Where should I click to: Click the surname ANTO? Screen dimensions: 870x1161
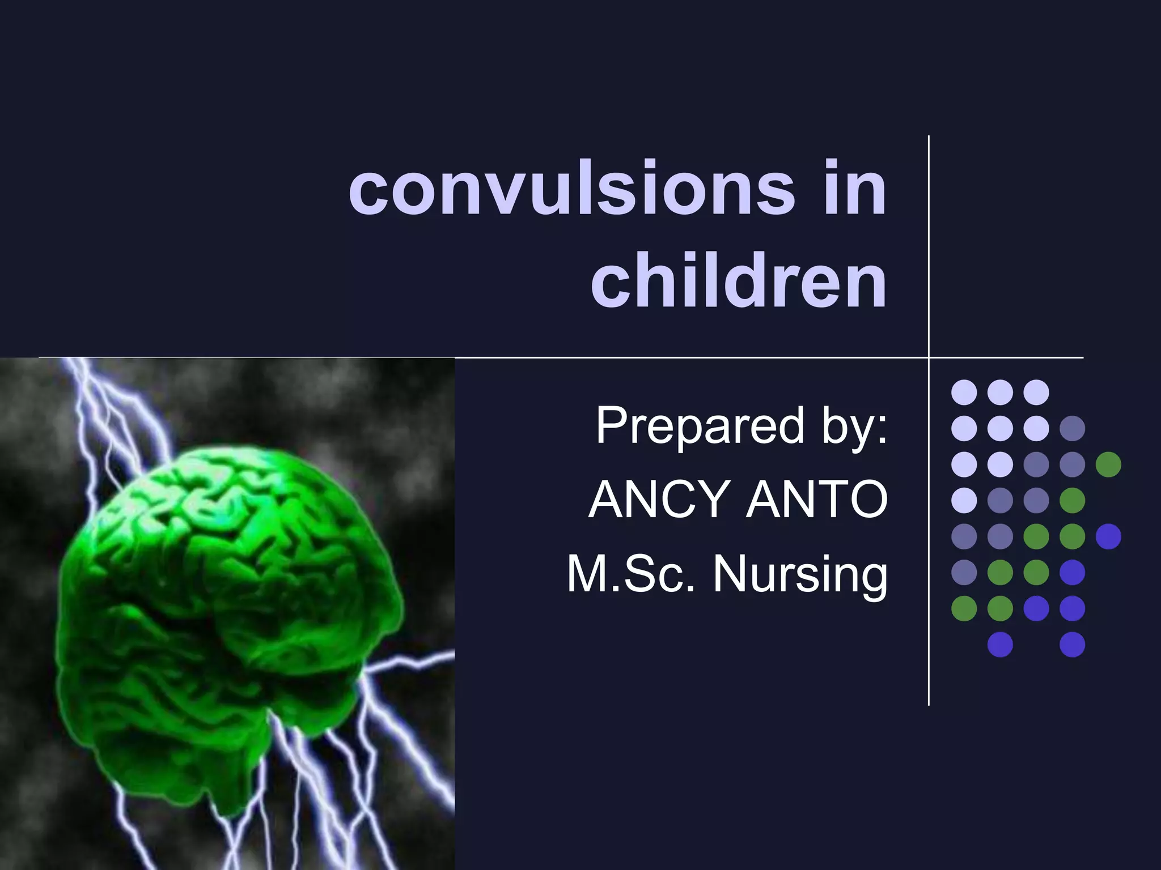(816, 500)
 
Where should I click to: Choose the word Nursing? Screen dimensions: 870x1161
(799, 573)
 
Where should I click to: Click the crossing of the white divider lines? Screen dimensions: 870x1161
(929, 357)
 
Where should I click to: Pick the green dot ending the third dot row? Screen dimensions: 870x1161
(1108, 464)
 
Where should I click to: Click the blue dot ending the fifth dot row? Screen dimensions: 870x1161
(1108, 536)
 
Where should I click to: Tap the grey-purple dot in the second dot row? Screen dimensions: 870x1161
(1072, 428)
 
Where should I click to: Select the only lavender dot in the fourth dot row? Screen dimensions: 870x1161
(964, 500)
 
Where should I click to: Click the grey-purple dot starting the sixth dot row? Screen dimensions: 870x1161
(964, 572)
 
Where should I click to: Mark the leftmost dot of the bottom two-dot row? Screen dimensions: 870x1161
(1000, 644)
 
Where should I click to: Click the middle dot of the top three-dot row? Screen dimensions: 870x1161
(1000, 392)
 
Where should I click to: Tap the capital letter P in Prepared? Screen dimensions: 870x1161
(608, 426)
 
